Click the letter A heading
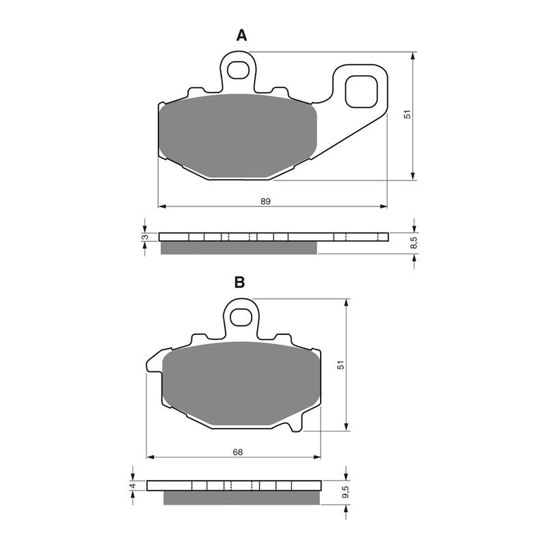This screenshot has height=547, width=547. pos(241,36)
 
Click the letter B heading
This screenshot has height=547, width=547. pos(239,282)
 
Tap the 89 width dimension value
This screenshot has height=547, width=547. pos(266,201)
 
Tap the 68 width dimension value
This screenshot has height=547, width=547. pos(237,452)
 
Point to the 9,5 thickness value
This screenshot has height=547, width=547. pos(346,491)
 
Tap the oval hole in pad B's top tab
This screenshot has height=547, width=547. pos(241,317)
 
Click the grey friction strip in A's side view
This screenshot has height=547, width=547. pos(239,248)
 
